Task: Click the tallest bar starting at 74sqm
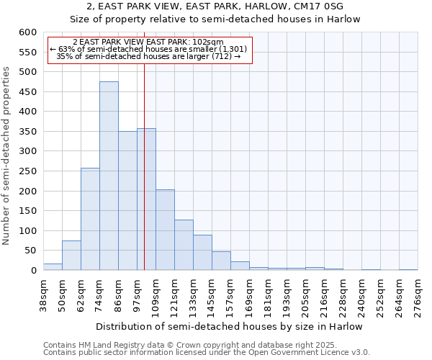click(x=109, y=176)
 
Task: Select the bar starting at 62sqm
click(x=90, y=220)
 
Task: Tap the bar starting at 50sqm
click(x=71, y=256)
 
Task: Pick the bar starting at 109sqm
click(x=165, y=230)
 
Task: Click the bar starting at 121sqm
click(x=184, y=246)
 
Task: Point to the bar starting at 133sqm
click(x=202, y=253)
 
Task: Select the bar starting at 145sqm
click(x=221, y=261)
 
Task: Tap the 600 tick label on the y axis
click(x=27, y=32)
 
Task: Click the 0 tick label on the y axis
click(x=33, y=271)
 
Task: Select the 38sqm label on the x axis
click(x=43, y=295)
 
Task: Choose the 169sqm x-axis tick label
click(x=249, y=295)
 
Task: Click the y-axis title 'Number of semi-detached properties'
click(x=7, y=156)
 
